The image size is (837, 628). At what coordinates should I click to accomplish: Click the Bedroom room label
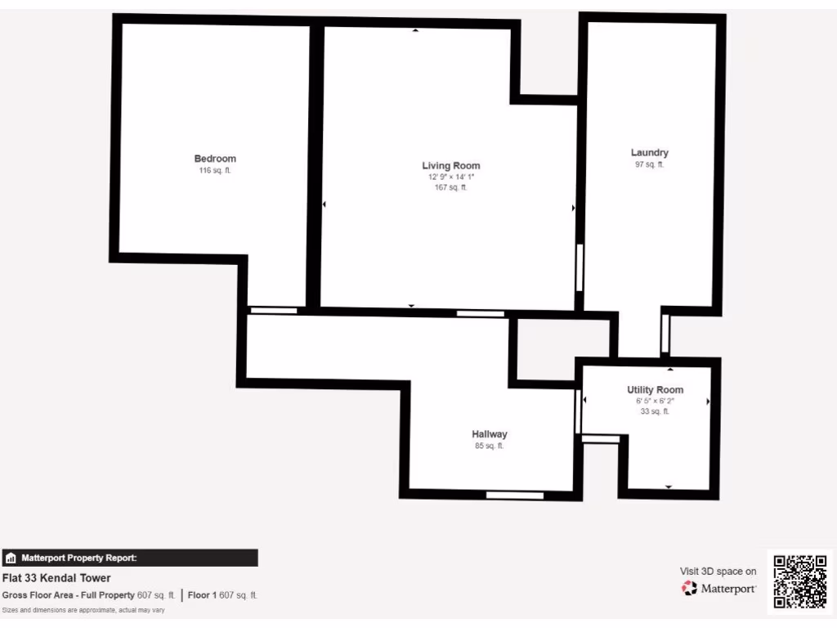[215, 159]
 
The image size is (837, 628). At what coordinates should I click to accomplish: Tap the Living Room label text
[451, 166]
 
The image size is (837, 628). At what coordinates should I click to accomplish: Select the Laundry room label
[650, 153]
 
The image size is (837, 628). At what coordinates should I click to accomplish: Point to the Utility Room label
[655, 390]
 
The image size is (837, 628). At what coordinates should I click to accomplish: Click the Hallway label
[490, 434]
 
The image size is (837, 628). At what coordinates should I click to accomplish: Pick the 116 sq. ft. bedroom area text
[215, 171]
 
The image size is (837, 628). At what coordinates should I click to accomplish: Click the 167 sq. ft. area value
[451, 188]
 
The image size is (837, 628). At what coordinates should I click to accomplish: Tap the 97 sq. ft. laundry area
[650, 164]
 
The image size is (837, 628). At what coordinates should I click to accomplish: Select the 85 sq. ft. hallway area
[490, 446]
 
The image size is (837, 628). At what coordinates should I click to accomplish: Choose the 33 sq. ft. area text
[655, 412]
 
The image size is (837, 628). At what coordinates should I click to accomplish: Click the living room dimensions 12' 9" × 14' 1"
[451, 177]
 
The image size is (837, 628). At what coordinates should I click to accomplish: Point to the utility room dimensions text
[655, 401]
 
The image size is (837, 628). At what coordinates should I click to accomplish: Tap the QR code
[800, 581]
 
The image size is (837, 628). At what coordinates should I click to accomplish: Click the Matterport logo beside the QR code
[718, 588]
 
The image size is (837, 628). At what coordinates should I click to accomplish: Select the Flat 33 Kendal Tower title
[56, 578]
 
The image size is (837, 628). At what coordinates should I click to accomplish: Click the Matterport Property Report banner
[129, 558]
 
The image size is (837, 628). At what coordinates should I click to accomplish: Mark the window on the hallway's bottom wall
[515, 495]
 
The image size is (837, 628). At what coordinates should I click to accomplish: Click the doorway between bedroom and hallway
[274, 311]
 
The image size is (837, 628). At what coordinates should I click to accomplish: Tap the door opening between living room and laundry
[580, 267]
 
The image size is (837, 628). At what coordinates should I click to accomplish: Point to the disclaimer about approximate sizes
[83, 611]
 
